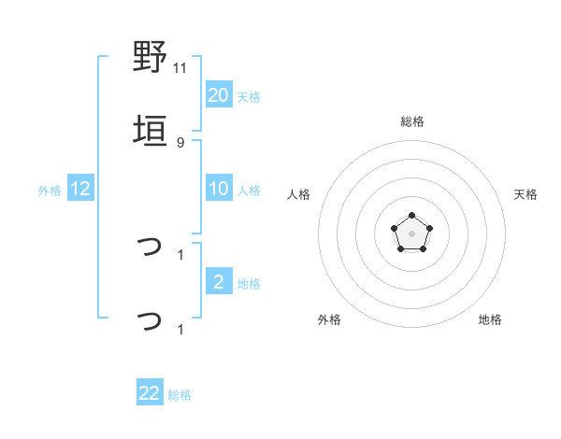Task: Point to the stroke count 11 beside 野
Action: tap(180, 67)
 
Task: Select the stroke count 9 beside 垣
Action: tap(180, 142)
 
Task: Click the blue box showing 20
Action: tap(218, 95)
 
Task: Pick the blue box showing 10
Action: tap(218, 189)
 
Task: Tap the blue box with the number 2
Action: tap(218, 282)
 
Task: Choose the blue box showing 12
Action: tap(80, 189)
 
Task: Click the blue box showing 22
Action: tap(150, 393)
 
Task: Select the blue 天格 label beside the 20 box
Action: tap(249, 97)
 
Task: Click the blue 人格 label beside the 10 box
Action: tap(249, 191)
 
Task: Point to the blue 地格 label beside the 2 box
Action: tap(249, 284)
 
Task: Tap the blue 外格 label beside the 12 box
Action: tap(50, 191)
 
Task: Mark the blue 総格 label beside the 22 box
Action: tap(180, 395)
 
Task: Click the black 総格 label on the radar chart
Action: tap(412, 121)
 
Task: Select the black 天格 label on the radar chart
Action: tap(526, 194)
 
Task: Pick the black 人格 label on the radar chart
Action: tap(299, 194)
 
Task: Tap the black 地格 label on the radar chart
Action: tap(490, 319)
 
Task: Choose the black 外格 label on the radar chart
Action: tap(329, 319)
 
